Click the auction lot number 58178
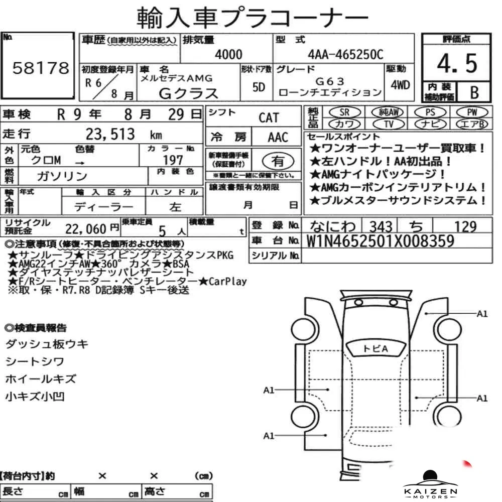coord(41,68)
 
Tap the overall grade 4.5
coord(457,63)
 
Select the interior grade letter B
coord(474,92)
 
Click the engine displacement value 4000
coord(228,54)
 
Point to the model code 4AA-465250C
coord(345,55)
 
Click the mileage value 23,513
coord(110,134)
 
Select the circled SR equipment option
coord(344,112)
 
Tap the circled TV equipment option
coord(389,124)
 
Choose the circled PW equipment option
coord(472,112)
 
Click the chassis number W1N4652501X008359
coord(380,241)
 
